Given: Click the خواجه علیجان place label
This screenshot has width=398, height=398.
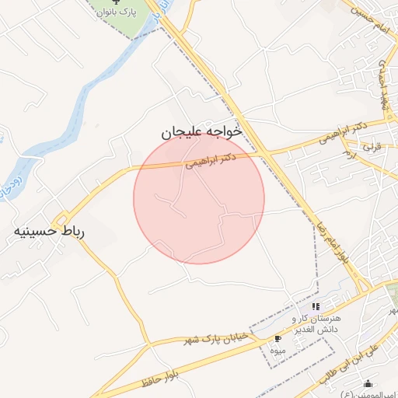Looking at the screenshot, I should (203, 132).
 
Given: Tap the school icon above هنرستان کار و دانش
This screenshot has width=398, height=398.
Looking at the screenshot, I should (316, 305).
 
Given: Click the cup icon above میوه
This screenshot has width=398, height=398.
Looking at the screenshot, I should (278, 339).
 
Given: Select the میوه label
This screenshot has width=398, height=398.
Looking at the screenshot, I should (278, 351).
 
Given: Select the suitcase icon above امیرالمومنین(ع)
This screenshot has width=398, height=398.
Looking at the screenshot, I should (368, 384).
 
